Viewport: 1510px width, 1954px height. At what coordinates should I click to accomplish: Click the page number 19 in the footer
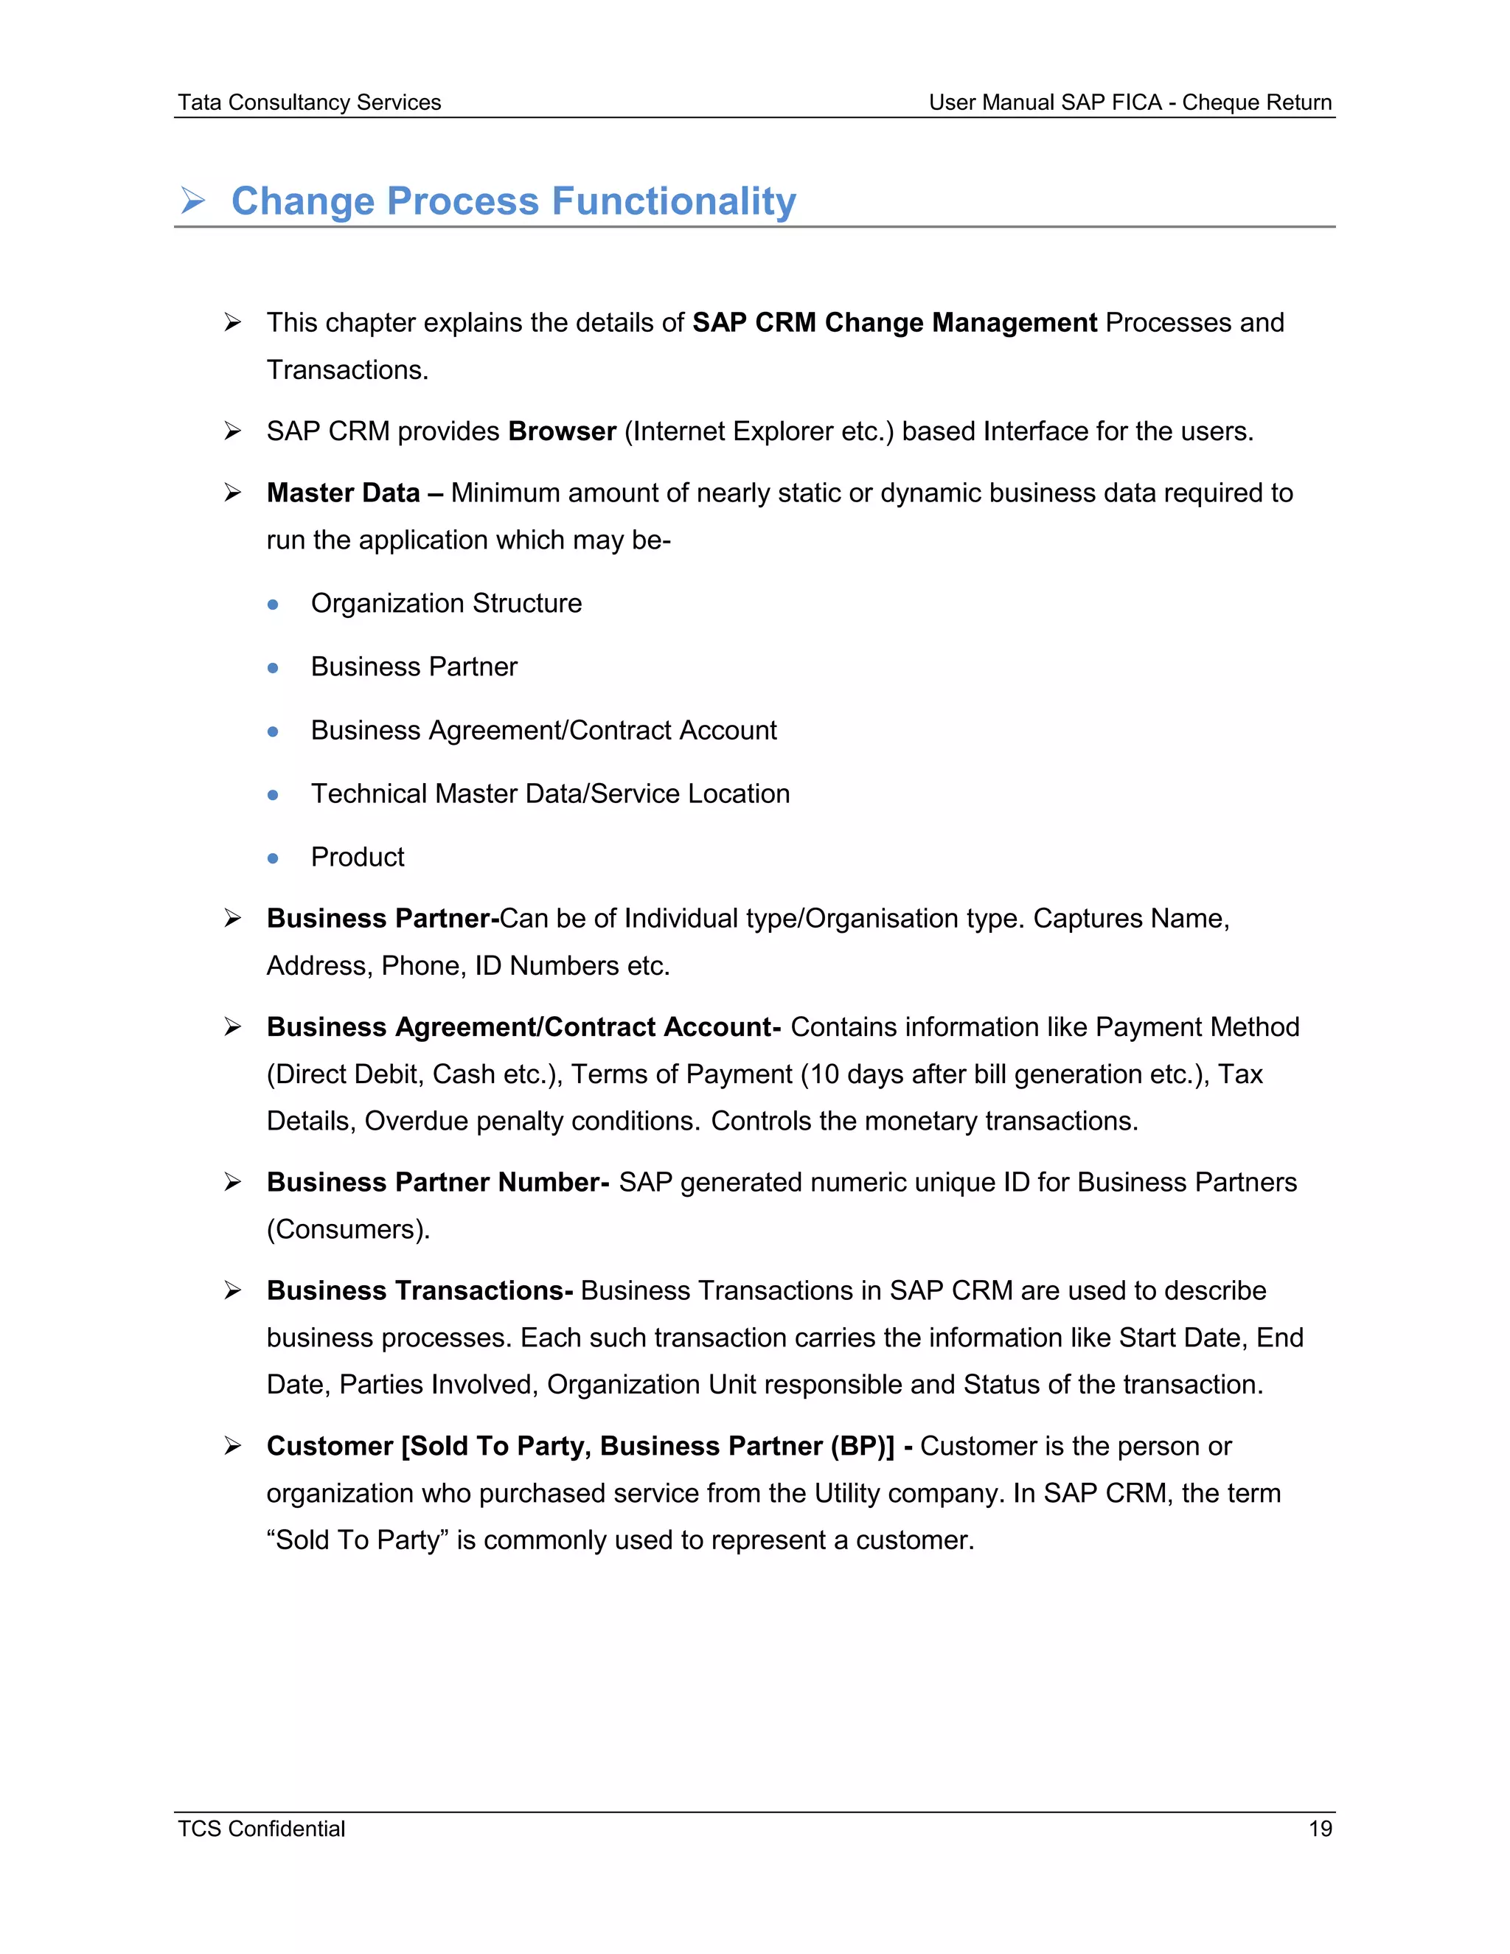(x=1320, y=1828)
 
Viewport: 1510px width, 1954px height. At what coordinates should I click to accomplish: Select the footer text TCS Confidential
(x=261, y=1828)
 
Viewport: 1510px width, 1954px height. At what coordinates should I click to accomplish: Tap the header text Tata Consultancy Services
(x=309, y=103)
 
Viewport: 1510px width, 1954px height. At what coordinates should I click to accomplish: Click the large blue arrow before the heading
(x=193, y=201)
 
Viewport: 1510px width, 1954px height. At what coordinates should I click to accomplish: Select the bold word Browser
(x=562, y=431)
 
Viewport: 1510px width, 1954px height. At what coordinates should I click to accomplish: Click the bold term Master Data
(x=343, y=493)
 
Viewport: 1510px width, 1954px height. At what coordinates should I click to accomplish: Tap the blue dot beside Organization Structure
(x=273, y=605)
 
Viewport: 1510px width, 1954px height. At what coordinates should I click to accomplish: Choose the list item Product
(x=357, y=857)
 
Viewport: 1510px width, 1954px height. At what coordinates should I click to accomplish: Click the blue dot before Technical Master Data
(x=273, y=794)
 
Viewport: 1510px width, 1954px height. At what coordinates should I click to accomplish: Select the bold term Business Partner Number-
(x=437, y=1182)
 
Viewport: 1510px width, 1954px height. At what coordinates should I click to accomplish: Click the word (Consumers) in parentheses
(x=347, y=1229)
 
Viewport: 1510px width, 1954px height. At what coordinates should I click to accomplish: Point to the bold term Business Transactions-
(x=420, y=1290)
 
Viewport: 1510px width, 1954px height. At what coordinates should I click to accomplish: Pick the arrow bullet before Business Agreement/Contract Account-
(x=232, y=1027)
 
